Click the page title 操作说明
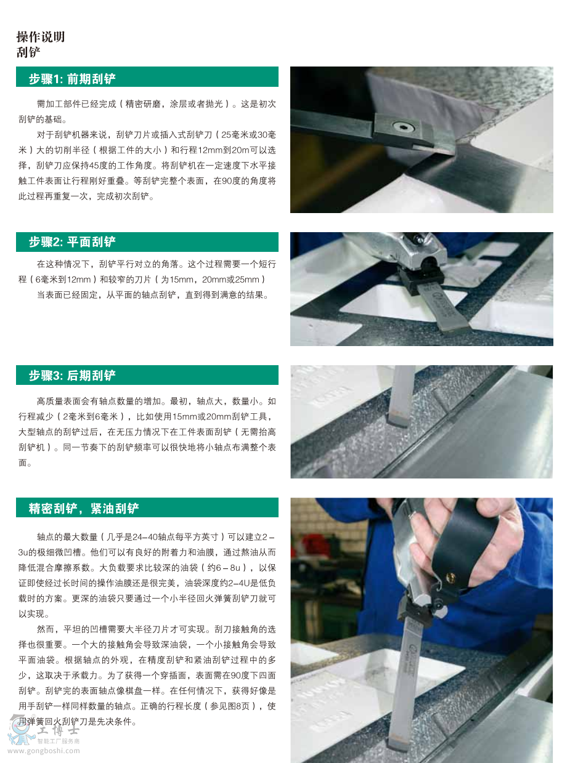tap(41, 37)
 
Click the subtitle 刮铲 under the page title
tap(28, 52)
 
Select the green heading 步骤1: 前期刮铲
tap(72, 79)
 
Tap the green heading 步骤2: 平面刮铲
tap(72, 242)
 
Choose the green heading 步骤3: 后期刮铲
tap(72, 376)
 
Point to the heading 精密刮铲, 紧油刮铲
tap(84, 508)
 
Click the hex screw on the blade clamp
tap(403, 127)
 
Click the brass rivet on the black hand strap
tap(450, 577)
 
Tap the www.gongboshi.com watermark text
tap(44, 751)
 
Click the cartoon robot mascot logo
tap(20, 730)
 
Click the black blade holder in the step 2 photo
tap(421, 280)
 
